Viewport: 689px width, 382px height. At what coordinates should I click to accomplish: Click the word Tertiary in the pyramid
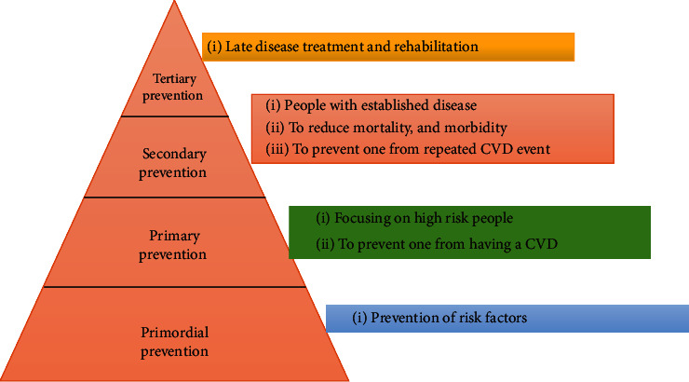(174, 78)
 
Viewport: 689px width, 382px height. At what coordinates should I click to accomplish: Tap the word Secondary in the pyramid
(174, 154)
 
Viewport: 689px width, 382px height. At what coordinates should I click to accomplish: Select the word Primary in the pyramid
(174, 236)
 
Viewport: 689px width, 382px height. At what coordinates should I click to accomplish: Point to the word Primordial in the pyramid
(174, 332)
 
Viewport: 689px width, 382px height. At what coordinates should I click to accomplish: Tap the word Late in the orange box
(238, 47)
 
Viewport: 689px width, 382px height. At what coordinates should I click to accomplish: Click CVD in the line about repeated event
(496, 149)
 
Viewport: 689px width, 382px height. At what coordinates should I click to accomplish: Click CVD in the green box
(541, 243)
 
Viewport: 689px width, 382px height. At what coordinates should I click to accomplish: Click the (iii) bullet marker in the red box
(277, 149)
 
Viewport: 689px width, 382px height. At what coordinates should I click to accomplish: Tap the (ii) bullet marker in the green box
(325, 244)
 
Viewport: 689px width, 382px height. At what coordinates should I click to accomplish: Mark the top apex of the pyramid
(174, 1)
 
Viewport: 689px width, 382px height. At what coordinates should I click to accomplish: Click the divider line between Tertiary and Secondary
(174, 116)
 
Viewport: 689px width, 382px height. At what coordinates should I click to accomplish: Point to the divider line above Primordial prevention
(174, 287)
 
